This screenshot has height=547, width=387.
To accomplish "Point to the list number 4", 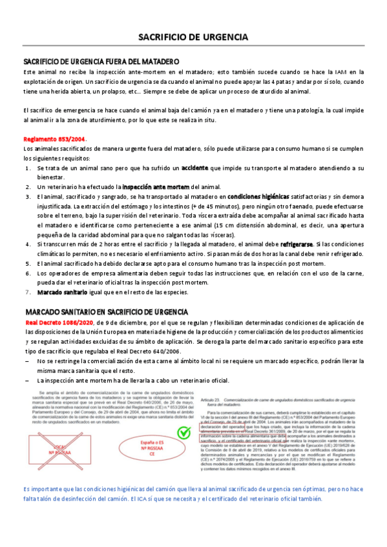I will click(28, 245).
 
